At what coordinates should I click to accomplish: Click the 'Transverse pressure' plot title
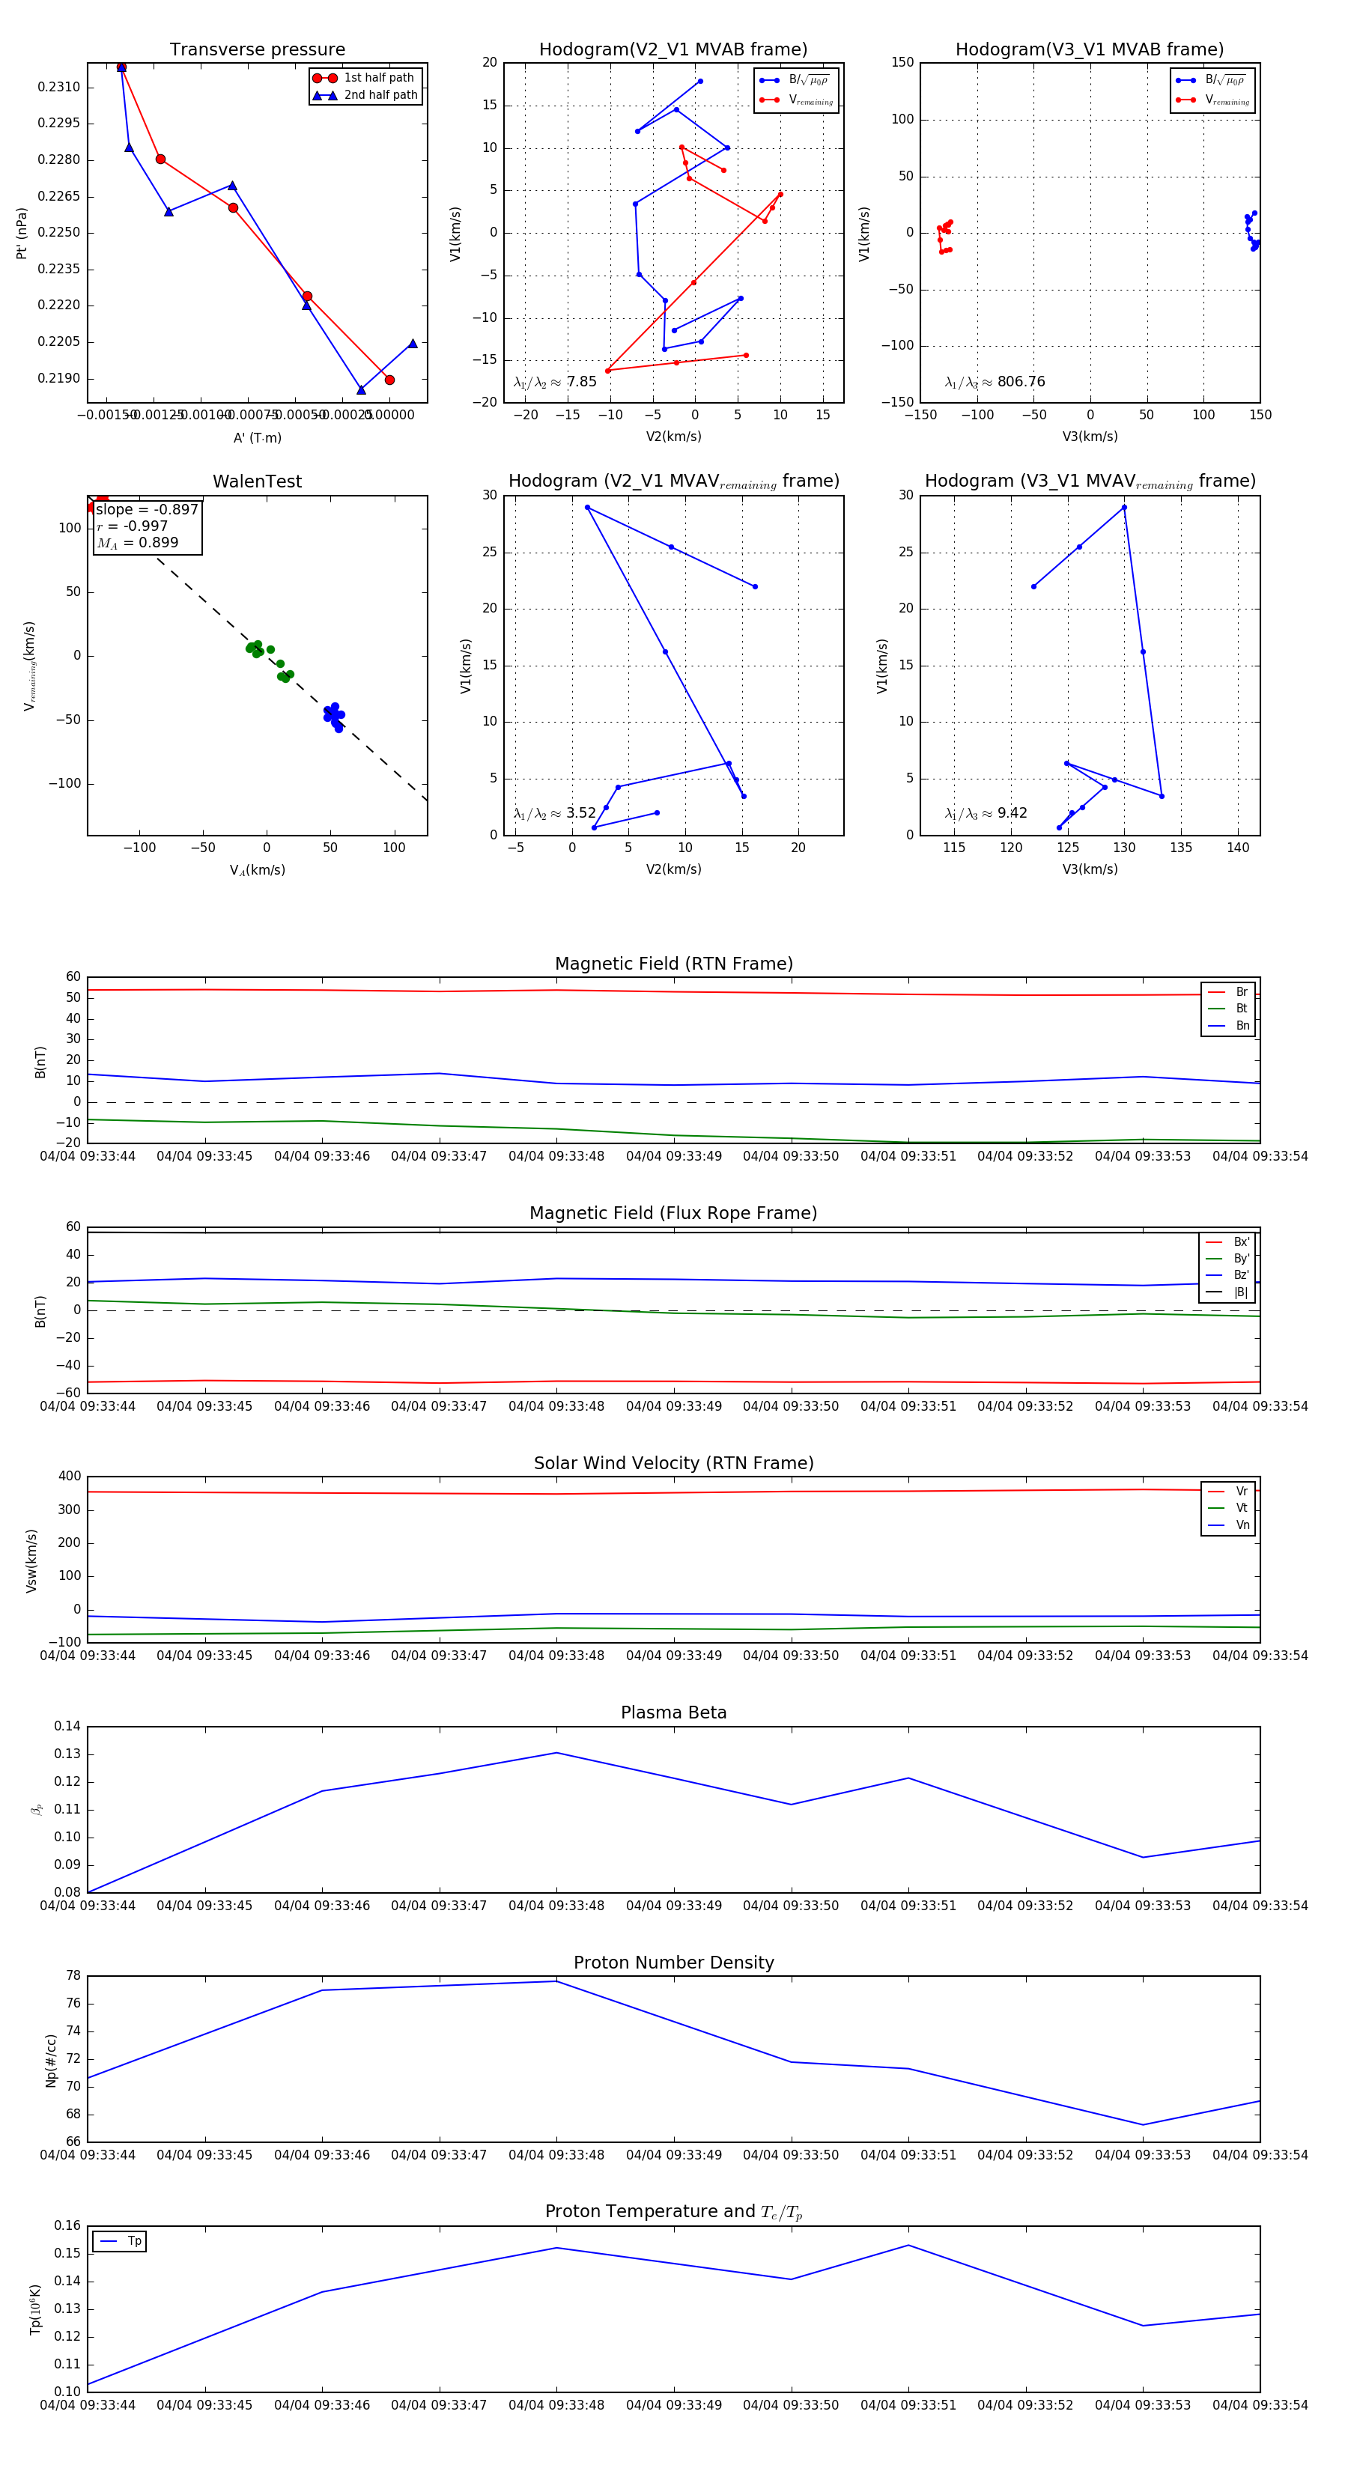(x=257, y=50)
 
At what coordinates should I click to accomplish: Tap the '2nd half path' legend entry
(x=380, y=95)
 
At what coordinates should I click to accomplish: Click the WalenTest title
(x=257, y=481)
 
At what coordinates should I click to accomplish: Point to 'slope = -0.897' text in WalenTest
(x=147, y=509)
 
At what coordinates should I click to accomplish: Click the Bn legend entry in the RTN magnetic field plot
(x=1242, y=1025)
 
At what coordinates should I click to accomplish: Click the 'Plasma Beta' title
(x=673, y=1712)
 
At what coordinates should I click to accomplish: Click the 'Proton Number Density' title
(x=673, y=1963)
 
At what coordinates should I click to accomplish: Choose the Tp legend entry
(x=133, y=2241)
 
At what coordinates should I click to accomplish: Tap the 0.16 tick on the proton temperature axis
(x=67, y=2225)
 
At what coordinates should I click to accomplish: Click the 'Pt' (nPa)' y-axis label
(x=21, y=233)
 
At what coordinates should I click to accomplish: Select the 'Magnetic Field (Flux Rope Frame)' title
(x=673, y=1214)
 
